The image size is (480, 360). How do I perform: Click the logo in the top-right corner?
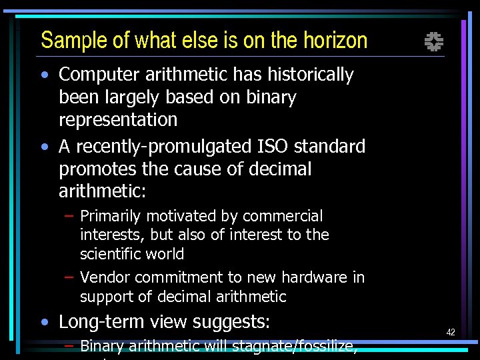(434, 42)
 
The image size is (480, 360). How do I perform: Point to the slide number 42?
(451, 332)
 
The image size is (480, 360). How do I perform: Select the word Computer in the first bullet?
(102, 75)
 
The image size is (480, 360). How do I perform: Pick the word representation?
(118, 120)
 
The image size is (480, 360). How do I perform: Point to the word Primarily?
(111, 217)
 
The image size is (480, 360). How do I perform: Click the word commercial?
(283, 217)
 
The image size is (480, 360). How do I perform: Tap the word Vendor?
(102, 277)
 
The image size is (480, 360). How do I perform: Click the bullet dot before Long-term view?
(44, 323)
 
